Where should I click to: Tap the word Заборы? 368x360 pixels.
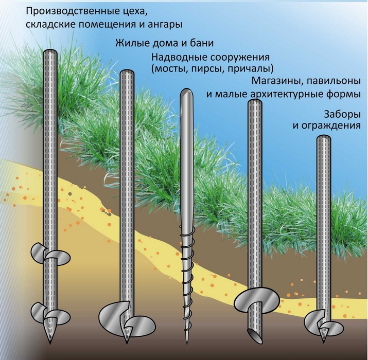[x=342, y=113]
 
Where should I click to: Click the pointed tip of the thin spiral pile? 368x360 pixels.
[x=186, y=343]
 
